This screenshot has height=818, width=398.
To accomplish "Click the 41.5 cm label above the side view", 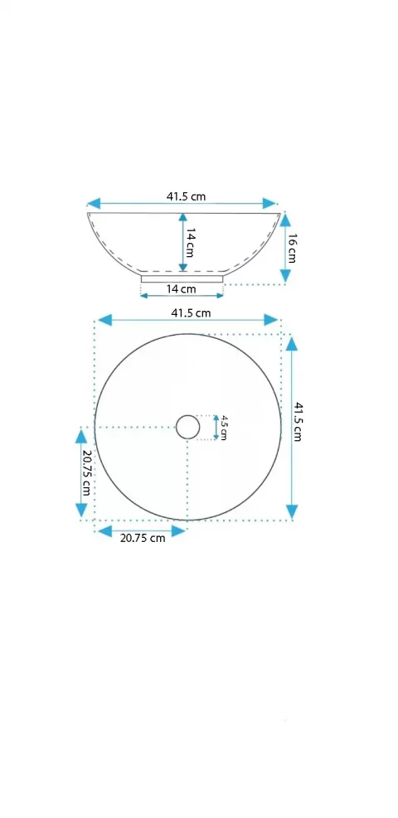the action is pos(187,196).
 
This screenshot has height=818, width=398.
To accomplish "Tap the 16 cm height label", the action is pos(291,248).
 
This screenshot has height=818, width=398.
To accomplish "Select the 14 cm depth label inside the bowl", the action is pos(190,243).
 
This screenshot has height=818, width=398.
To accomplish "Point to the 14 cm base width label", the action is pos(182,288).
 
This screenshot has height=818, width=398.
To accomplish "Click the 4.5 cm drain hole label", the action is pos(223,428).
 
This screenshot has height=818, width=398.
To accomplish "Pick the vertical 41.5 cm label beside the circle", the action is pos(298,422).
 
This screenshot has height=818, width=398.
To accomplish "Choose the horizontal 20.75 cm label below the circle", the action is pos(143,538).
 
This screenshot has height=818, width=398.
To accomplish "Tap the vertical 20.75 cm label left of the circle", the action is pos(86,472).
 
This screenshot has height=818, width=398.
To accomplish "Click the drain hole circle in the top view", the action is pos(187,415).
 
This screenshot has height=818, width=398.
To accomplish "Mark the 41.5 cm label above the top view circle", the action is pos(191,313).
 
